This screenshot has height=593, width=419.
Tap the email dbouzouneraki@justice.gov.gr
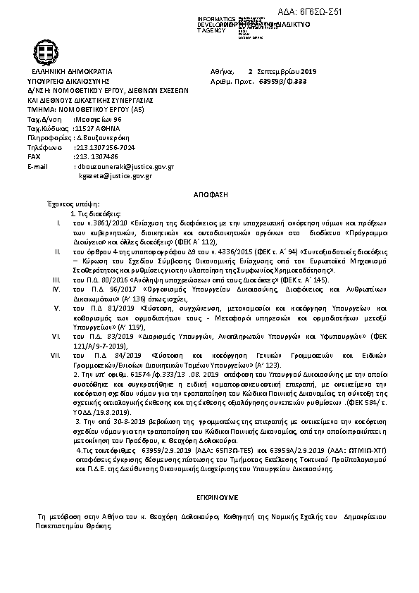tap(127, 166)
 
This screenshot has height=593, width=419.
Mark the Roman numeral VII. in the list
tap(60, 356)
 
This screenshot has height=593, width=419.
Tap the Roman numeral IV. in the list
tap(59, 288)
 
